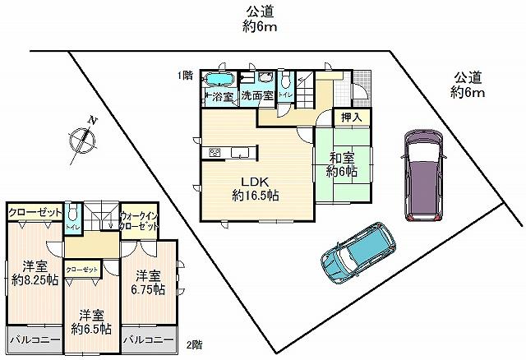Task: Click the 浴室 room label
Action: click(219, 97)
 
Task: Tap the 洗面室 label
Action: click(256, 97)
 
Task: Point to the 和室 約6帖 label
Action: click(341, 164)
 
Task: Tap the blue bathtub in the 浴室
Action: click(218, 80)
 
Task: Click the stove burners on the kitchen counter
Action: click(215, 151)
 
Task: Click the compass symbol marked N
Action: click(83, 137)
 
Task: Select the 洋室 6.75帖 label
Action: click(148, 282)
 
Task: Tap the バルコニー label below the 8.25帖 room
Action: click(34, 339)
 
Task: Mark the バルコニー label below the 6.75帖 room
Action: click(148, 339)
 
